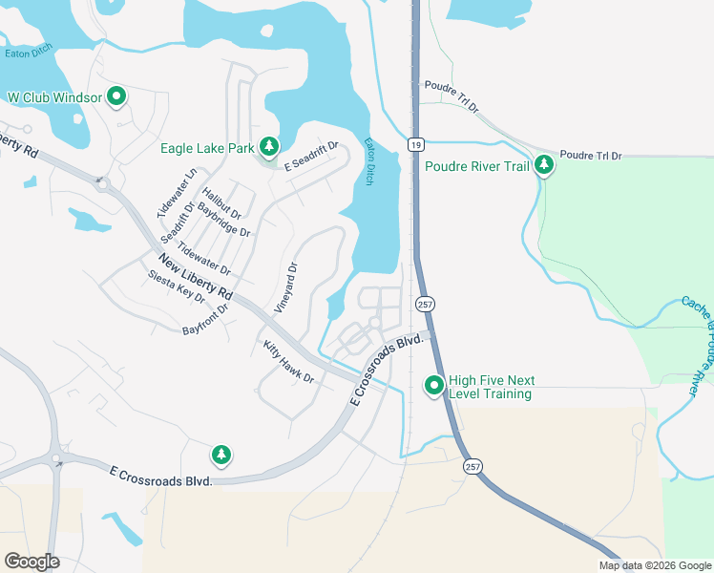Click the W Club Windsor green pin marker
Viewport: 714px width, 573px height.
click(116, 96)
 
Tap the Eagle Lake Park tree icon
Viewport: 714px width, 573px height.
click(269, 146)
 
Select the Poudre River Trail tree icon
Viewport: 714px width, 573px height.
click(543, 165)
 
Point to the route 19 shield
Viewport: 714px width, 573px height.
click(414, 144)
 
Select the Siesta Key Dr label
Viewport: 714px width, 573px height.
click(177, 286)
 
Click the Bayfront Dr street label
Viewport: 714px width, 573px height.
click(206, 320)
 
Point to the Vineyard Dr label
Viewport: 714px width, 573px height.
click(286, 288)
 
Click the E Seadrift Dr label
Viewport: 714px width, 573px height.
click(311, 156)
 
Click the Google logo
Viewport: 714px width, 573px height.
click(31, 562)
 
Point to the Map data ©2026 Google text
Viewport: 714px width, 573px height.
click(655, 565)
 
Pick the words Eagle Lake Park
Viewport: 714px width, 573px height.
click(207, 148)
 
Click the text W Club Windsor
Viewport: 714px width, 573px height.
click(53, 97)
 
